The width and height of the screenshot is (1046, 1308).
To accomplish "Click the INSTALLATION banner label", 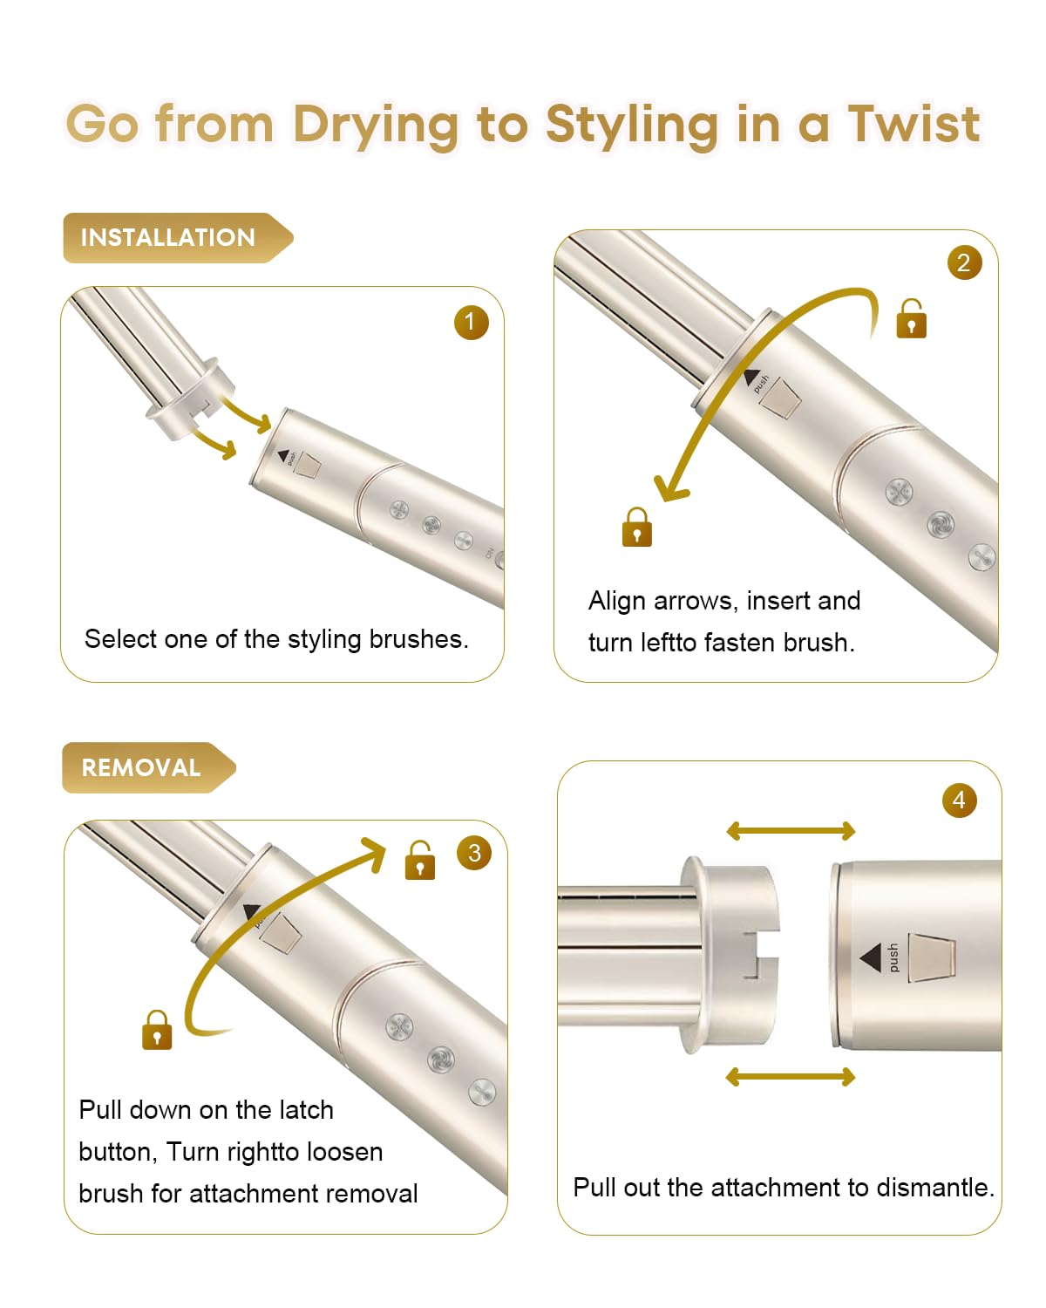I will click(x=168, y=237).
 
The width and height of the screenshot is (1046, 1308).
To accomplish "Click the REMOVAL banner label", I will click(x=141, y=767).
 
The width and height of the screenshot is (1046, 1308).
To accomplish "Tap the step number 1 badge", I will click(x=471, y=323).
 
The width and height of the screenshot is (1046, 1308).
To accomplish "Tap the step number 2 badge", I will click(x=964, y=262).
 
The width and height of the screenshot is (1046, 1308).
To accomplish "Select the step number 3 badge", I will click(x=474, y=853).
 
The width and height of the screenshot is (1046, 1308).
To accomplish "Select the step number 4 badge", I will click(x=959, y=800).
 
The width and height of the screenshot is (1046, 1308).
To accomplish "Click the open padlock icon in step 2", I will click(x=911, y=319).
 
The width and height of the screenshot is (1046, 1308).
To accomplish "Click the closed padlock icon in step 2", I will click(x=637, y=528).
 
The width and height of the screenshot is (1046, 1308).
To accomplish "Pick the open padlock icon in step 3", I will click(x=420, y=861).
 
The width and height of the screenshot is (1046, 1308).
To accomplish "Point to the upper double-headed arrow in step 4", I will click(x=791, y=831).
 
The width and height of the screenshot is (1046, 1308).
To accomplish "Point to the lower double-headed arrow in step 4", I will click(x=791, y=1078).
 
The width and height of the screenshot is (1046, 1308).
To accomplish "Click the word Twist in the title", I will click(x=914, y=124).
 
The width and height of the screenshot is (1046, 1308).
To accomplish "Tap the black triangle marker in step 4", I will click(x=871, y=958).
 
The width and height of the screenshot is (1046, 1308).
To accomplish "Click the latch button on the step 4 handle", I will click(x=932, y=957).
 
